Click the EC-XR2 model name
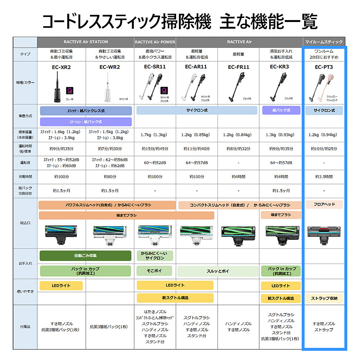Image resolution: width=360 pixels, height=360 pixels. click(x=61, y=67)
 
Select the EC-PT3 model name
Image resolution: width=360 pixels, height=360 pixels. click(x=324, y=67)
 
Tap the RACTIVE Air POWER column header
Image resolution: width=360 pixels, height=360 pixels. click(x=155, y=42)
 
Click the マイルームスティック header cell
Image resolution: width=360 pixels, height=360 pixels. click(x=324, y=42)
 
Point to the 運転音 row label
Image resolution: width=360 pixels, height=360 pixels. click(x=25, y=162)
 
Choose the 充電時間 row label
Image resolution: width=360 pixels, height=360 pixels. click(x=25, y=176)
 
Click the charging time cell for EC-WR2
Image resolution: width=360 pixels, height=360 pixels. click(x=108, y=177)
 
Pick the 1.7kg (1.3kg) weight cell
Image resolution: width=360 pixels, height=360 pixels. click(x=155, y=135)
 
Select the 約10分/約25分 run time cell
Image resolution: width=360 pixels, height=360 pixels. click(x=324, y=149)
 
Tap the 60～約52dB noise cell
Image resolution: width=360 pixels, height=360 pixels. click(x=155, y=163)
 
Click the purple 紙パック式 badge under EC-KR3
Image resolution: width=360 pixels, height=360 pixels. click(x=281, y=110)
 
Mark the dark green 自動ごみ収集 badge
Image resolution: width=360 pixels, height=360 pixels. click(x=85, y=256)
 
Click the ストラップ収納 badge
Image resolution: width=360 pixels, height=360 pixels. click(x=324, y=298)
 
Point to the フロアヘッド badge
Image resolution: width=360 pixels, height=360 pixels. click(x=324, y=204)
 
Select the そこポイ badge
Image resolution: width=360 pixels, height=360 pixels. click(x=155, y=271)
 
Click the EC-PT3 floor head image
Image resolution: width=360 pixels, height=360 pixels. click(x=324, y=232)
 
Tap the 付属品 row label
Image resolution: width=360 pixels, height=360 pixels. click(x=25, y=327)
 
